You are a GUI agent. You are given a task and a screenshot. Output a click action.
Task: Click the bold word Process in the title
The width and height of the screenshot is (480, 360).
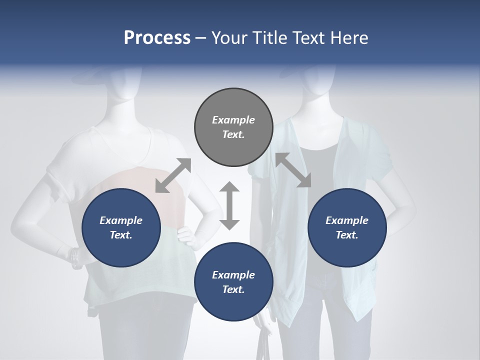click(157, 37)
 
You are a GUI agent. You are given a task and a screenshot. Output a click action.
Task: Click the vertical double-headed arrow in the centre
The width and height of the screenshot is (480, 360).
click(229, 205)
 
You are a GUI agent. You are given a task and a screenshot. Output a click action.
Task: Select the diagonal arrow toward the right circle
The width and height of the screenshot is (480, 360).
click(293, 170)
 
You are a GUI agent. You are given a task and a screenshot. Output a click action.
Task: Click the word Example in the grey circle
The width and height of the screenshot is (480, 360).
click(233, 120)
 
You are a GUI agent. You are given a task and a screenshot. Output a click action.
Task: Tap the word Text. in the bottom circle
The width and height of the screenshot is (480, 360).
click(233, 289)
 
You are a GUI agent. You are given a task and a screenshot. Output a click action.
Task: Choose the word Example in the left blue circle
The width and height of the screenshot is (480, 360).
click(121, 220)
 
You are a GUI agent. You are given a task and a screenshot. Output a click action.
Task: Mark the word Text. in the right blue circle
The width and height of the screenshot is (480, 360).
click(347, 235)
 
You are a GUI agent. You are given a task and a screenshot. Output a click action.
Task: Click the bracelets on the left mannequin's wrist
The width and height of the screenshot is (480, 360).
click(75, 257)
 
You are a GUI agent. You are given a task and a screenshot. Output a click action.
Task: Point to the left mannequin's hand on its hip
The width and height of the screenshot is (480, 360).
click(187, 235)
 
